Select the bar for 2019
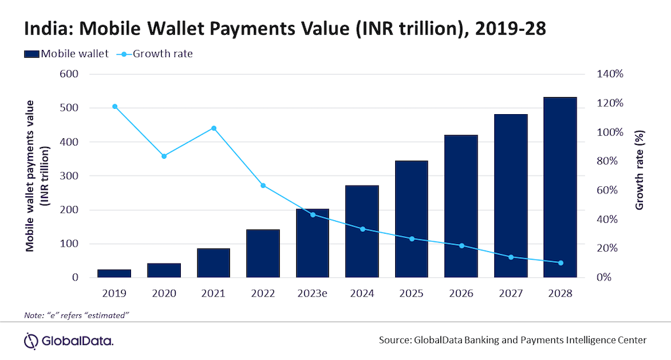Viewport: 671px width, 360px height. pos(115,273)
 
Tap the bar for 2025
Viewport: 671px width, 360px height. pos(411,219)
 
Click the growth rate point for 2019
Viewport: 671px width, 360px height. pos(115,106)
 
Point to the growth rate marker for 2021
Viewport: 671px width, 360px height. pos(214,128)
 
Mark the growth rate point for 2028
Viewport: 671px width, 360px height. pos(560,263)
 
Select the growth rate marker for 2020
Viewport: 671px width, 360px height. pos(164,156)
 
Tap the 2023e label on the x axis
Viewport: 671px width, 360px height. pos(312,294)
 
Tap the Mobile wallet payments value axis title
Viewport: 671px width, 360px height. pos(37,176)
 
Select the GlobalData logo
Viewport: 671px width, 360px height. pos(69,340)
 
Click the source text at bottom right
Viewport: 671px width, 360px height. pos(512,340)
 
